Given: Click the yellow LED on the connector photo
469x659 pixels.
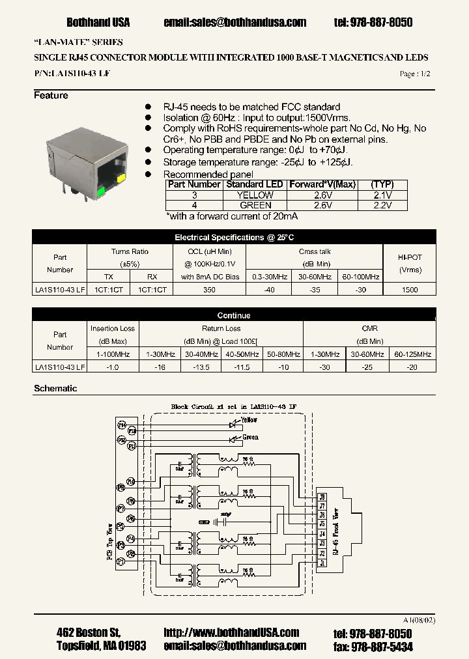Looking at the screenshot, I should pyautogui.click(x=121, y=176).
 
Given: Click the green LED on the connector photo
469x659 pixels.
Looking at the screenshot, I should pyautogui.click(x=100, y=191).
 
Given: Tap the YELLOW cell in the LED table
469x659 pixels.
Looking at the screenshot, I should pyautogui.click(x=255, y=195).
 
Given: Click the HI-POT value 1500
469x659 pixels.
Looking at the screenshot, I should pyautogui.click(x=410, y=290).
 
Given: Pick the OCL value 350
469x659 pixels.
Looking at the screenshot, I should pyautogui.click(x=208, y=290).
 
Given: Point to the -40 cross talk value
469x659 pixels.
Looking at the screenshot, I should pyautogui.click(x=268, y=290).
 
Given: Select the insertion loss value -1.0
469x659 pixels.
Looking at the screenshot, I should pyautogui.click(x=113, y=367).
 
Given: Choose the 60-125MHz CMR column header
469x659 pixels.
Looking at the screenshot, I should pyautogui.click(x=413, y=354).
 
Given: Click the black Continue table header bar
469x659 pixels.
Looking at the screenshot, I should pyautogui.click(x=234, y=315).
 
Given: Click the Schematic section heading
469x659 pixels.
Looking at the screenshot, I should pyautogui.click(x=55, y=388).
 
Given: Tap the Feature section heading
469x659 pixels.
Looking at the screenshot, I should pyautogui.click(x=51, y=96).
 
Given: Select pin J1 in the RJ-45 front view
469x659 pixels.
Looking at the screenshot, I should pyautogui.click(x=322, y=562).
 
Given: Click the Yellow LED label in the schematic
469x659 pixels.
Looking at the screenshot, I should pyautogui.click(x=249, y=420).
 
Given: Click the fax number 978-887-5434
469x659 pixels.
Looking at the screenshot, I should pyautogui.click(x=382, y=646).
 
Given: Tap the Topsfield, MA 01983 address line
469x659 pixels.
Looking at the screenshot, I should pyautogui.click(x=102, y=646).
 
